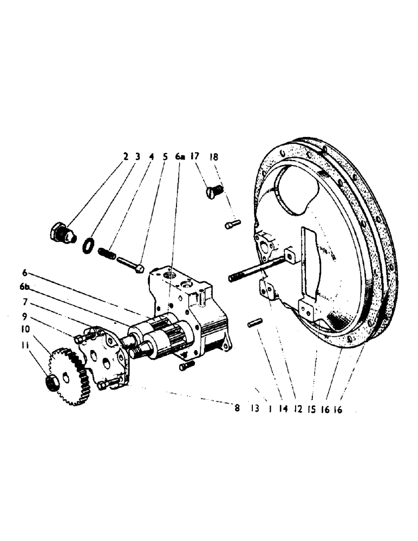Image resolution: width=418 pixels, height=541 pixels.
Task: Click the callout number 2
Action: pos(126,157)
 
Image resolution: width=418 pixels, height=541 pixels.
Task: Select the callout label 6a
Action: pos(180,157)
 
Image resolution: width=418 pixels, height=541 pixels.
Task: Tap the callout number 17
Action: pos(195,157)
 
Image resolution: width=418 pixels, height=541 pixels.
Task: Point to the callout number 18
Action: pos(214,157)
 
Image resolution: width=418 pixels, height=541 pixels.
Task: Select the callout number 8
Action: pos(237,409)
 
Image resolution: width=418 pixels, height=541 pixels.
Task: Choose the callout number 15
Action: pos(311,409)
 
